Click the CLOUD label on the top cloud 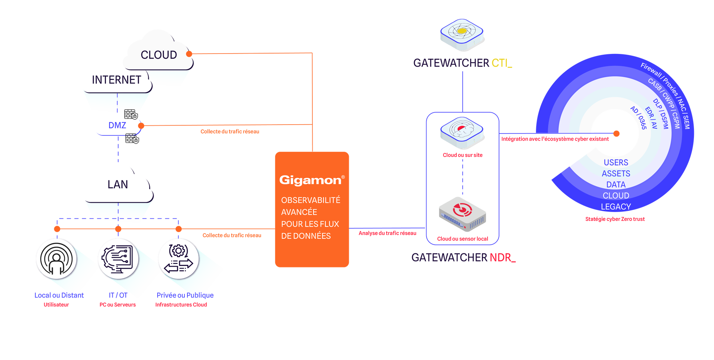(159, 55)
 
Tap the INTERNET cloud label (116, 80)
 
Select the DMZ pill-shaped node (117, 125)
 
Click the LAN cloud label (118, 184)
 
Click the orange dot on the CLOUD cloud (190, 54)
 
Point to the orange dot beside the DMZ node (142, 126)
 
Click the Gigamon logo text (310, 180)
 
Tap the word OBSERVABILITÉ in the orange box (311, 200)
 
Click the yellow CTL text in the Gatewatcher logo (501, 63)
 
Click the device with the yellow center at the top (461, 33)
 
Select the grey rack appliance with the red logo (462, 214)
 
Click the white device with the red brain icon (461, 132)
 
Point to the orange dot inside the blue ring (617, 134)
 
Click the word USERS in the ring (616, 163)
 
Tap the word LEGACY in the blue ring (616, 207)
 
